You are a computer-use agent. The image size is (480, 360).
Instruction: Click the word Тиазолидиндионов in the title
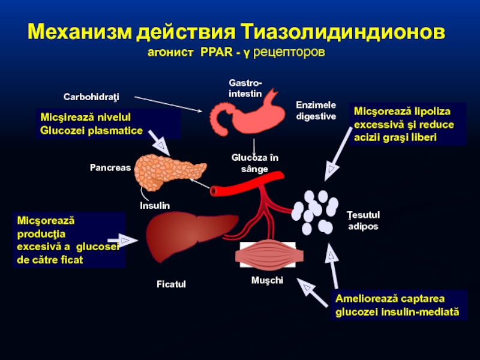click(344, 31)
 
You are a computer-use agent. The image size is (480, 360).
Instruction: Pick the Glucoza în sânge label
click(255, 163)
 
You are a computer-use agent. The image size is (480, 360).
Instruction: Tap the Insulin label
click(155, 205)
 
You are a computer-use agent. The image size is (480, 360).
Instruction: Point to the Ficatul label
click(172, 284)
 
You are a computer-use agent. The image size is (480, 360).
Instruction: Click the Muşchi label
click(268, 280)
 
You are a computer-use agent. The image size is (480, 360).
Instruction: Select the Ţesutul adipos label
click(364, 220)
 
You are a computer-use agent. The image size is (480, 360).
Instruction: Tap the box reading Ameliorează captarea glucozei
click(398, 305)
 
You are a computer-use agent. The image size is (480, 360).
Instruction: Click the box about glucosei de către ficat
click(68, 241)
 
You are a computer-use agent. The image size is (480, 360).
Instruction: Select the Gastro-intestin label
click(245, 88)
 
